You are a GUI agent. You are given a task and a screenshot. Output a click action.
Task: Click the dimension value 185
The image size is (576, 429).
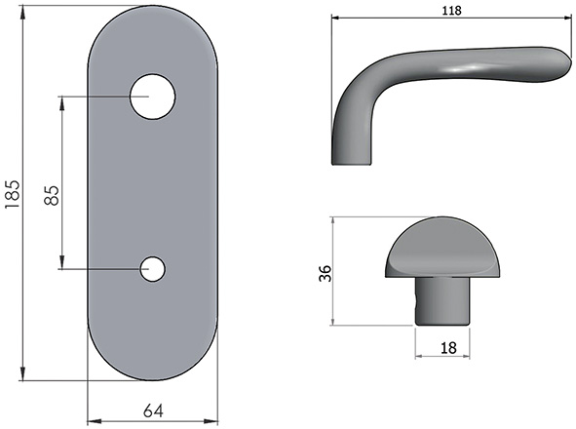tap(12, 195)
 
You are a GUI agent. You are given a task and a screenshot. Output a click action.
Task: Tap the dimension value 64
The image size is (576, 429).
tap(152, 410)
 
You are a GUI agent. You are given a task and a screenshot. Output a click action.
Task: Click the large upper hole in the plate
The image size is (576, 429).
tap(152, 97)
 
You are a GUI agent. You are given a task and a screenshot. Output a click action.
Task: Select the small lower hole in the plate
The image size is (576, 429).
tap(152, 268)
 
